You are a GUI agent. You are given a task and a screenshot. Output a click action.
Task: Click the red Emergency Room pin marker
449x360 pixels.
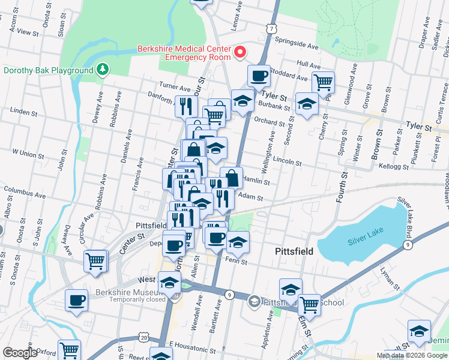(x=240, y=52)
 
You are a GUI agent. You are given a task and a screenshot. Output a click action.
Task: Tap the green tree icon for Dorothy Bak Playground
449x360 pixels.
(x=103, y=70)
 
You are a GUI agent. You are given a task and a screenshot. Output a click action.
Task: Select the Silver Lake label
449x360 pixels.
(x=364, y=242)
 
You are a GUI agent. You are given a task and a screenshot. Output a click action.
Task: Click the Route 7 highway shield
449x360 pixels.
(x=272, y=29)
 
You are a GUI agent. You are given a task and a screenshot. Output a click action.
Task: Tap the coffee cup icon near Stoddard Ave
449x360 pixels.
(x=259, y=76)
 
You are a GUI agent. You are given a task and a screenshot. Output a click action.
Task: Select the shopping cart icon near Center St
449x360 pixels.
(x=95, y=261)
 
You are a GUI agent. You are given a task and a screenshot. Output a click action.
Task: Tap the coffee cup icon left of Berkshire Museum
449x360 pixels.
(x=76, y=301)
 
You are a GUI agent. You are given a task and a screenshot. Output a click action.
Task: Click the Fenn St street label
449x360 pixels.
(x=237, y=260)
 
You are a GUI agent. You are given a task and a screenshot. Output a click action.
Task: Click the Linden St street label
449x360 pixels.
(x=24, y=112)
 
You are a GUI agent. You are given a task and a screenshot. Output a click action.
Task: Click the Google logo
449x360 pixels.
(x=20, y=353)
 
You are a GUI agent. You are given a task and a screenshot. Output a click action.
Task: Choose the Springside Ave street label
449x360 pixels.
(x=297, y=44)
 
